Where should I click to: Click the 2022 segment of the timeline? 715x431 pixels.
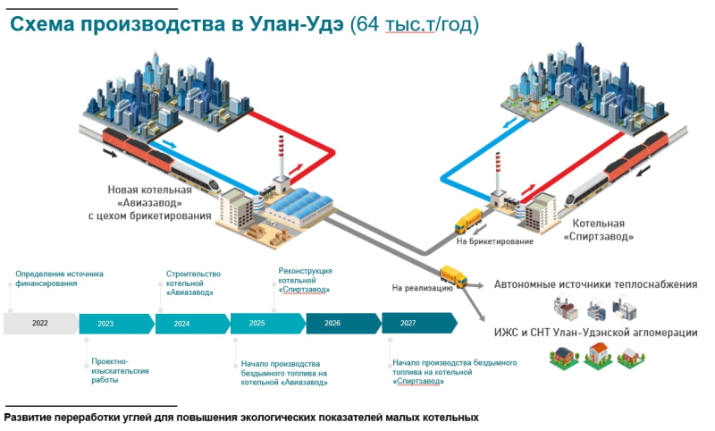40,324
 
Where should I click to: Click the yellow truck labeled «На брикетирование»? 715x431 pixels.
468,221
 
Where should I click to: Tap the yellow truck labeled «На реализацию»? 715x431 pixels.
453,276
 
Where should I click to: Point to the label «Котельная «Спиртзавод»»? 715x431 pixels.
598,230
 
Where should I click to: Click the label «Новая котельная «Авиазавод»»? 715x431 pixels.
149,196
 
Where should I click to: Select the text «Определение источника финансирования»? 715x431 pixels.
59,279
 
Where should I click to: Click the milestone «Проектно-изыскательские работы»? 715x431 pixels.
120,370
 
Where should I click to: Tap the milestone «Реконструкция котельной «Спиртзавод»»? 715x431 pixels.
305,280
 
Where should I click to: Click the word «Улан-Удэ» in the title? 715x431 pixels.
297,24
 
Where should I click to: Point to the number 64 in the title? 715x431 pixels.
368,24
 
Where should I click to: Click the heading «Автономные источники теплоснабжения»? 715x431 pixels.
595,284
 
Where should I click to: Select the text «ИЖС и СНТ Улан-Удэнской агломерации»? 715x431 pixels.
595,333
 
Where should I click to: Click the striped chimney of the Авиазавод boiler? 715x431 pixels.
282,156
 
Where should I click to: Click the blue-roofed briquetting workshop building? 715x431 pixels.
299,207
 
